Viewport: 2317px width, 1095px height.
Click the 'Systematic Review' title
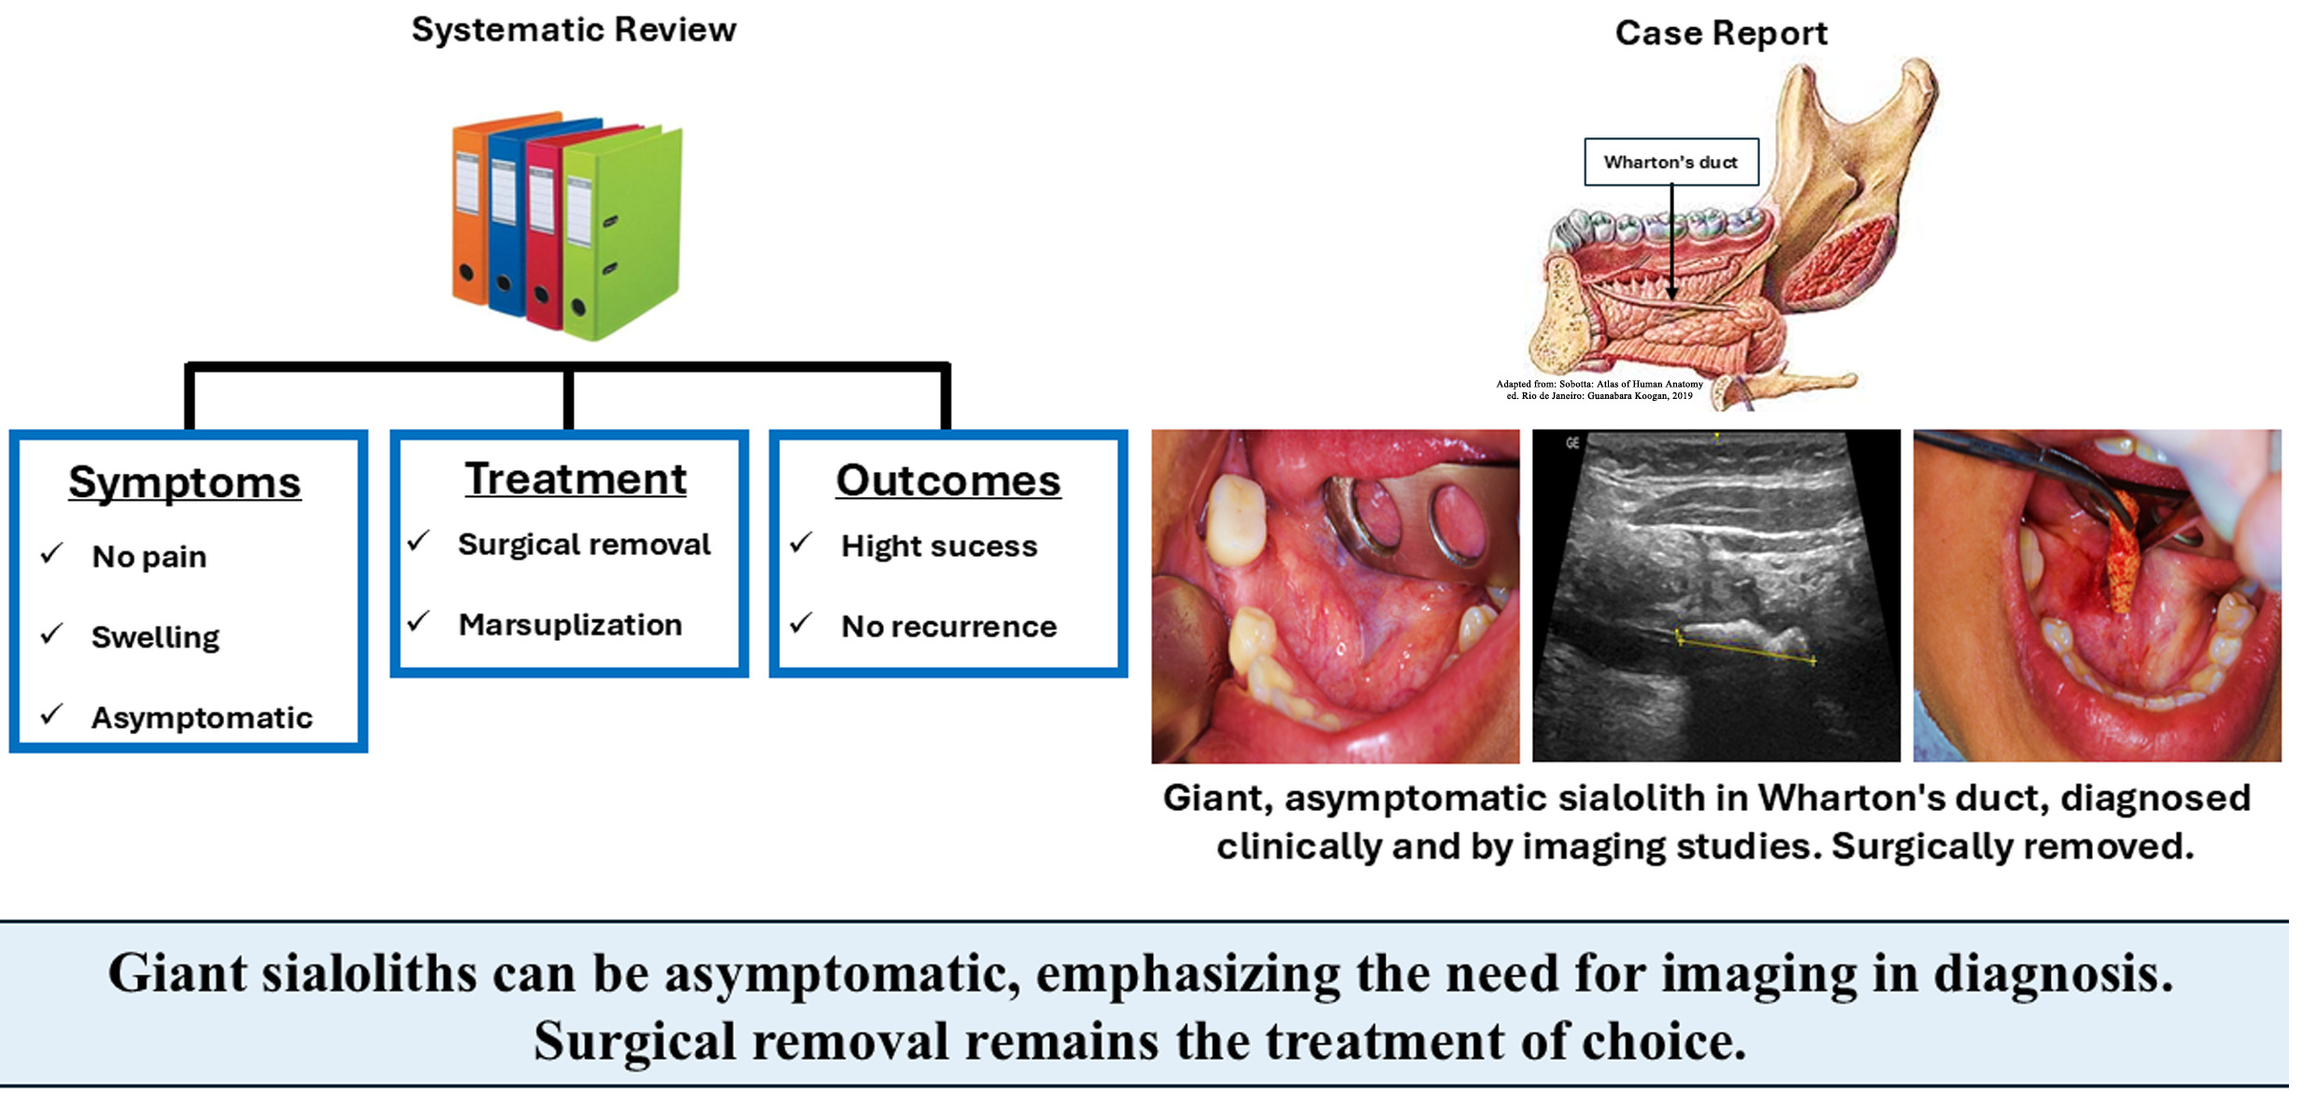[x=574, y=30]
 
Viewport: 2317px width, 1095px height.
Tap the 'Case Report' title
[x=1720, y=34]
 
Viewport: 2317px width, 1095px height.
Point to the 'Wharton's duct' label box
[x=1670, y=162]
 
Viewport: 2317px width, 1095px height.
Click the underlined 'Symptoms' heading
[x=185, y=482]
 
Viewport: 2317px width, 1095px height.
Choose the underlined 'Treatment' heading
[x=576, y=479]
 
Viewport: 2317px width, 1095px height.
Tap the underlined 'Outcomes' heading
[x=947, y=480]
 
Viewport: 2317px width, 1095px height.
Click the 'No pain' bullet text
[x=149, y=557]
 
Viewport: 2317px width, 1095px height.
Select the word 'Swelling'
[x=155, y=637]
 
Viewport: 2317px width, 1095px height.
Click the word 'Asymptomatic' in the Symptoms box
[x=202, y=718]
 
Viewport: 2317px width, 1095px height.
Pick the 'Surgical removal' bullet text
[x=584, y=545]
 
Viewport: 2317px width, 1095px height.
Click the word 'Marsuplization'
[x=570, y=625]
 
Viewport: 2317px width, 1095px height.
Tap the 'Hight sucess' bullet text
[x=939, y=547]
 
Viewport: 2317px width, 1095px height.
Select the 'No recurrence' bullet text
[x=948, y=627]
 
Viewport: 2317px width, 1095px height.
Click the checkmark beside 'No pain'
[x=52, y=554]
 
